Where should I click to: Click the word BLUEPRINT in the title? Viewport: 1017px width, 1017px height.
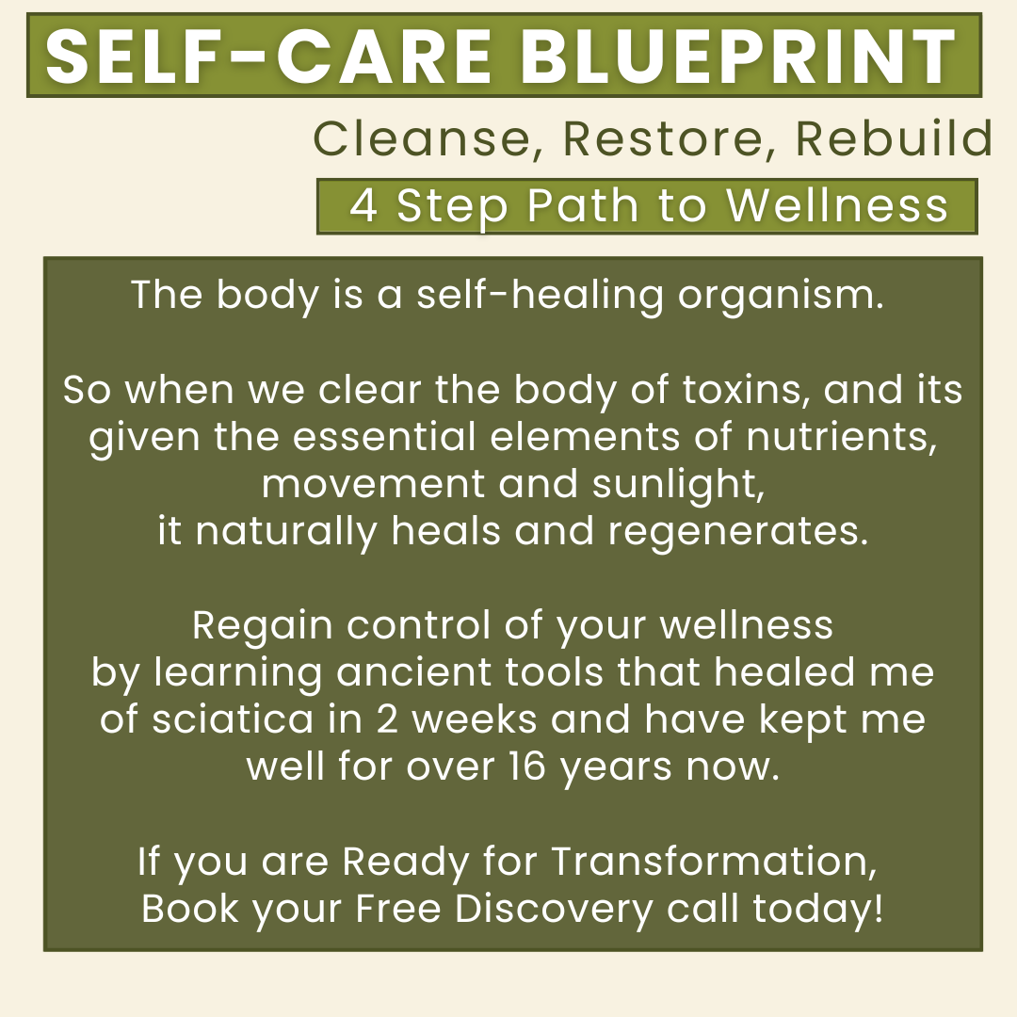[737, 56]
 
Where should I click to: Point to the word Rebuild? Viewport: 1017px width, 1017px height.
[894, 137]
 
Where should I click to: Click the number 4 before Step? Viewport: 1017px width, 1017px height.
[363, 205]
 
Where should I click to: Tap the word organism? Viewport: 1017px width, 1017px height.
[781, 296]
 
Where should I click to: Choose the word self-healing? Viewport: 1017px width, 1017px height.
[540, 296]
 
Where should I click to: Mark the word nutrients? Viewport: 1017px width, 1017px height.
[841, 437]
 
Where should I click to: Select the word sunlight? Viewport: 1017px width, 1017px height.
[678, 485]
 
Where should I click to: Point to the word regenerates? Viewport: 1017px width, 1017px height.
[738, 532]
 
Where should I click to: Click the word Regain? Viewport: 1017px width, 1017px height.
[263, 626]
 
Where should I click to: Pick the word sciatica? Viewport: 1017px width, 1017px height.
[233, 719]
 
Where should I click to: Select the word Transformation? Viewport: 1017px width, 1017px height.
[714, 862]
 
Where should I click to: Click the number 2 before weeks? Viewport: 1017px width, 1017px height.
[387, 719]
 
